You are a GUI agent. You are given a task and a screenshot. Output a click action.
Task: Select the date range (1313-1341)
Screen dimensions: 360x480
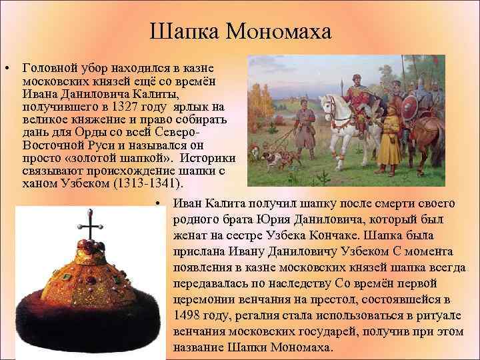pyautogui.click(x=151, y=183)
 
